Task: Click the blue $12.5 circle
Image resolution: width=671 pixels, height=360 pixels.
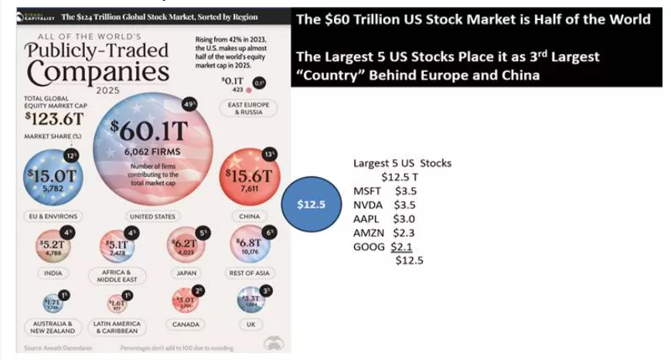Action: click(x=311, y=204)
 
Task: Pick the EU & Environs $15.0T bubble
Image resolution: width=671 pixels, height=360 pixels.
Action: click(x=50, y=176)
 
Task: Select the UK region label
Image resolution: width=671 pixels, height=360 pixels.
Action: click(x=250, y=324)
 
